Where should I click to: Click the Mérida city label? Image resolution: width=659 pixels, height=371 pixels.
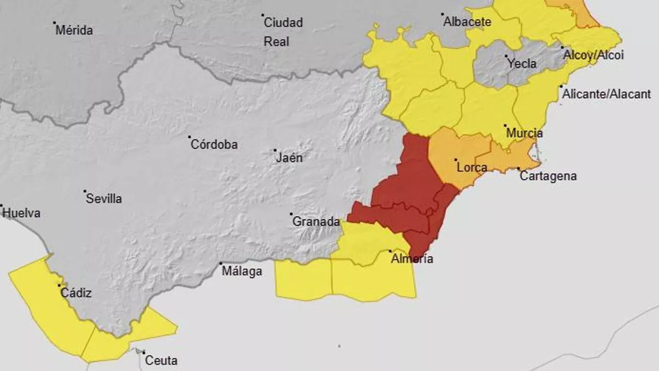pos(74,30)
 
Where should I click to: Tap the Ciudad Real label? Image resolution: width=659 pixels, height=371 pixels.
pos(283,32)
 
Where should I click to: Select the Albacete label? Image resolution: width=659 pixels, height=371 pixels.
pos(467,23)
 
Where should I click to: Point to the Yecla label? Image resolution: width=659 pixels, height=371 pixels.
pos(522,64)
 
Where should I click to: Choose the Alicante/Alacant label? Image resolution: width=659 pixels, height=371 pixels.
pos(606,94)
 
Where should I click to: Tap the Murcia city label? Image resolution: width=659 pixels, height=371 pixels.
pos(524,133)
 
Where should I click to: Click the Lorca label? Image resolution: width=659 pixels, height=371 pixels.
pos(472,167)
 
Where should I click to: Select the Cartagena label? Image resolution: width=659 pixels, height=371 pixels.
pos(548,176)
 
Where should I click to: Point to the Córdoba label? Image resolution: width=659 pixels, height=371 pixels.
pos(214,145)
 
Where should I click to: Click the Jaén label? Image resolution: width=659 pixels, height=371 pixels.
pos(289,158)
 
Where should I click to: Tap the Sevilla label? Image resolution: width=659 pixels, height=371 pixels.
pos(104,199)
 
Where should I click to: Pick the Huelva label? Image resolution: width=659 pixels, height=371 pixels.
pos(21,213)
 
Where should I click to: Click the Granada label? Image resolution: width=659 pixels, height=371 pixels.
pos(316,222)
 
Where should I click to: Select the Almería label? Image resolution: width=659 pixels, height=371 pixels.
pos(411,259)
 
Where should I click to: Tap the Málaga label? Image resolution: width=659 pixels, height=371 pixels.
pos(241,271)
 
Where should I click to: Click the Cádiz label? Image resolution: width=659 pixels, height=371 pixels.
pos(76,293)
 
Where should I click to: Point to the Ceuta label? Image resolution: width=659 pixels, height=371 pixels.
pos(161,361)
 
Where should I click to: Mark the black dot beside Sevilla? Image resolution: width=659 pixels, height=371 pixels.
pos(85,192)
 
